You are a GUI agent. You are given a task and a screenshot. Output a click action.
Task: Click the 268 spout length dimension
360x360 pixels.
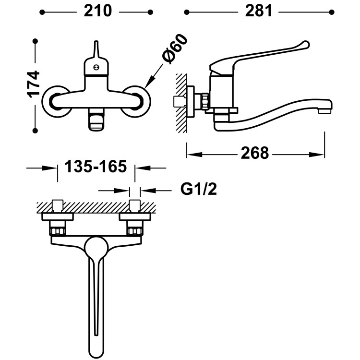pyautogui.click(x=255, y=154)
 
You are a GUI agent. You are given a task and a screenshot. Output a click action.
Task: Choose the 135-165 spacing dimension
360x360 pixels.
pyautogui.click(x=96, y=168)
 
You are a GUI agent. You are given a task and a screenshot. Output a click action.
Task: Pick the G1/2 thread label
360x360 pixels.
pyautogui.click(x=199, y=190)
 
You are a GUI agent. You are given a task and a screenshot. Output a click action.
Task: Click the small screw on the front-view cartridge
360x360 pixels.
pyautogui.click(x=96, y=68)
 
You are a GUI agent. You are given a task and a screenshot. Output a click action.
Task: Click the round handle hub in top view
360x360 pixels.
pyautogui.click(x=96, y=247)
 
